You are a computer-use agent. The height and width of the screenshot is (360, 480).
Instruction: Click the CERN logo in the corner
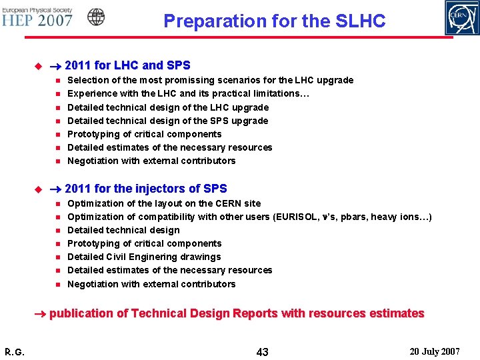[461, 18]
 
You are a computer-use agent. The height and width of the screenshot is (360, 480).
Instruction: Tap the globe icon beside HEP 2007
[96, 17]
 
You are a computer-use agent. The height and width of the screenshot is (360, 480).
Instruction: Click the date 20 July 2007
[436, 351]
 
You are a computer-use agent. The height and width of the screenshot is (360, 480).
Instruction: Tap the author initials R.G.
[15, 351]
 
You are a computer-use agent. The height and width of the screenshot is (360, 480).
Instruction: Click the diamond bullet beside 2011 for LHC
[38, 66]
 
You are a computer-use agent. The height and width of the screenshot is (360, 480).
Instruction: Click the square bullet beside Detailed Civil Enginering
[57, 257]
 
